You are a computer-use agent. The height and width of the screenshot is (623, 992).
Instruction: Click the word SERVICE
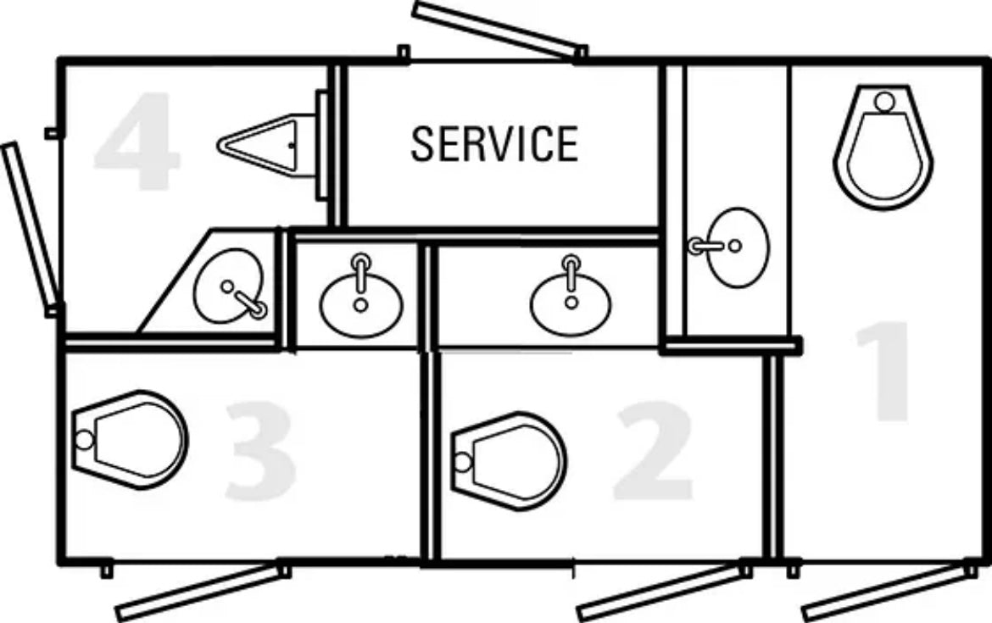pyautogui.click(x=494, y=143)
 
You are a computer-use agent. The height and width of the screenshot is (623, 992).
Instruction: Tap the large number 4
pyautogui.click(x=136, y=141)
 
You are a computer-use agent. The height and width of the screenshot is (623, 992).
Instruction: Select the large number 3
pyautogui.click(x=261, y=450)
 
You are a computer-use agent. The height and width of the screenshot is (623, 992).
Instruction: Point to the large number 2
pyautogui.click(x=652, y=450)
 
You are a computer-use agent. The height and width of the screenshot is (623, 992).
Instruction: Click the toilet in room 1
pyautogui.click(x=883, y=147)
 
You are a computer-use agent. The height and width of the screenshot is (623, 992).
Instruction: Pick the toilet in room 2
pyautogui.click(x=509, y=461)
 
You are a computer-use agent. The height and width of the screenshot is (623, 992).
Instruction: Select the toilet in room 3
pyautogui.click(x=130, y=440)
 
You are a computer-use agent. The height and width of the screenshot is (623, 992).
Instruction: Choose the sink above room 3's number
pyautogui.click(x=361, y=298)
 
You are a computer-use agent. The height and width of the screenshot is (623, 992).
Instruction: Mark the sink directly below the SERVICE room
pyautogui.click(x=571, y=298)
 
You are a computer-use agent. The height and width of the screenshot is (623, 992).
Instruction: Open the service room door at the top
pyautogui.click(x=499, y=31)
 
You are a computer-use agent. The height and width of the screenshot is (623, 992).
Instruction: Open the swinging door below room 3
pyautogui.click(x=203, y=592)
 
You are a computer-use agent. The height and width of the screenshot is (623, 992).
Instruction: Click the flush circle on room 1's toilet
pyautogui.click(x=884, y=101)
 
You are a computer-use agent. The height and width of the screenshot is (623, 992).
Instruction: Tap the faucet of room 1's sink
pyautogui.click(x=706, y=246)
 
